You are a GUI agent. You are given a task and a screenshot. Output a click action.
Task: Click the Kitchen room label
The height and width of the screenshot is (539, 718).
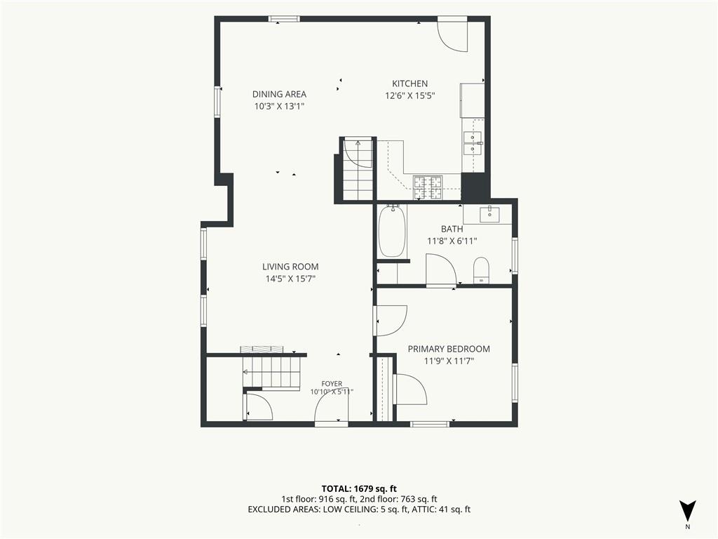tap(409, 84)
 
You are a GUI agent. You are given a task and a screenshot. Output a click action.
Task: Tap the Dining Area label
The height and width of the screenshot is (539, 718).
tap(279, 94)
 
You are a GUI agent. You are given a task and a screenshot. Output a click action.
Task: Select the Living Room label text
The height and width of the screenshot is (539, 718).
tap(290, 266)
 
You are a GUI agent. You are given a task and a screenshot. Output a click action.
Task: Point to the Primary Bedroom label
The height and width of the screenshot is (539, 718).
tap(449, 349)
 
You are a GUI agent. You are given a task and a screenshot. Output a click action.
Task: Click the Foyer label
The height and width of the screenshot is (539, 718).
tap(332, 384)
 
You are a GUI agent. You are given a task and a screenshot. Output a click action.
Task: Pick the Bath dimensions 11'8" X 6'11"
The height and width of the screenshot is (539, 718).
tap(452, 241)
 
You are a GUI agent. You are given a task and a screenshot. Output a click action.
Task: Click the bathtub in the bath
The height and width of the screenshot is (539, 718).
tap(393, 232)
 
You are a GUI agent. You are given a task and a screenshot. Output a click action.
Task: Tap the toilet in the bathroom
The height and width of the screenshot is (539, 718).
tap(481, 270)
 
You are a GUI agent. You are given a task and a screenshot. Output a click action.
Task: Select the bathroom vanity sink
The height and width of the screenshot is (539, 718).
tap(489, 215)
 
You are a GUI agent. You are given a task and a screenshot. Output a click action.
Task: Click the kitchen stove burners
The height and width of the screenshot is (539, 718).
tap(428, 188)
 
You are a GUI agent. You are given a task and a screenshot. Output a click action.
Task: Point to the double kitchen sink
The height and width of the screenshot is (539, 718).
tap(473, 143)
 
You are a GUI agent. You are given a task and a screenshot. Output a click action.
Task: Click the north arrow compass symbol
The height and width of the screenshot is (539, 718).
tap(687, 511)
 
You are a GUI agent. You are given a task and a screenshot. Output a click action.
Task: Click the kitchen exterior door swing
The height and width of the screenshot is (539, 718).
tap(452, 36)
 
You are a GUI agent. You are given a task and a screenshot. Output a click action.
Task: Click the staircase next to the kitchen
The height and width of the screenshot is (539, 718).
tap(358, 169)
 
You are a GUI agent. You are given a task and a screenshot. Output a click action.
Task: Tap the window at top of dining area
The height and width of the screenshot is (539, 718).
tap(284, 19)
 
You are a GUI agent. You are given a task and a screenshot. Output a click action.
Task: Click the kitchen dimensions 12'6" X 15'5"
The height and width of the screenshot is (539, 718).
tap(409, 95)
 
